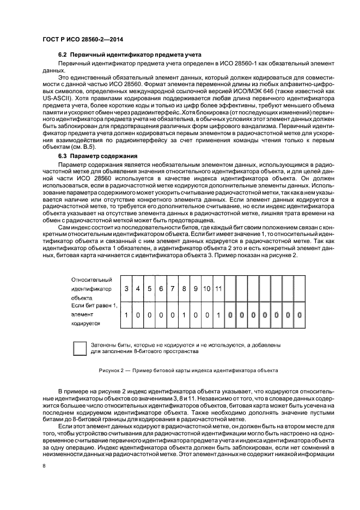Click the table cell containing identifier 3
click(x=127, y=288)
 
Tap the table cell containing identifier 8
click(x=184, y=288)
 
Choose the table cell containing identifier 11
click(x=218, y=288)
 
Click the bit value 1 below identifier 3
click(x=127, y=315)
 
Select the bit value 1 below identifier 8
click(x=184, y=315)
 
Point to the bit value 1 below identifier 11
click(x=218, y=315)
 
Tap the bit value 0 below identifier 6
click(x=161, y=315)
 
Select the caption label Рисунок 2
click(x=113, y=371)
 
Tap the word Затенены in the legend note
click(x=105, y=345)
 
